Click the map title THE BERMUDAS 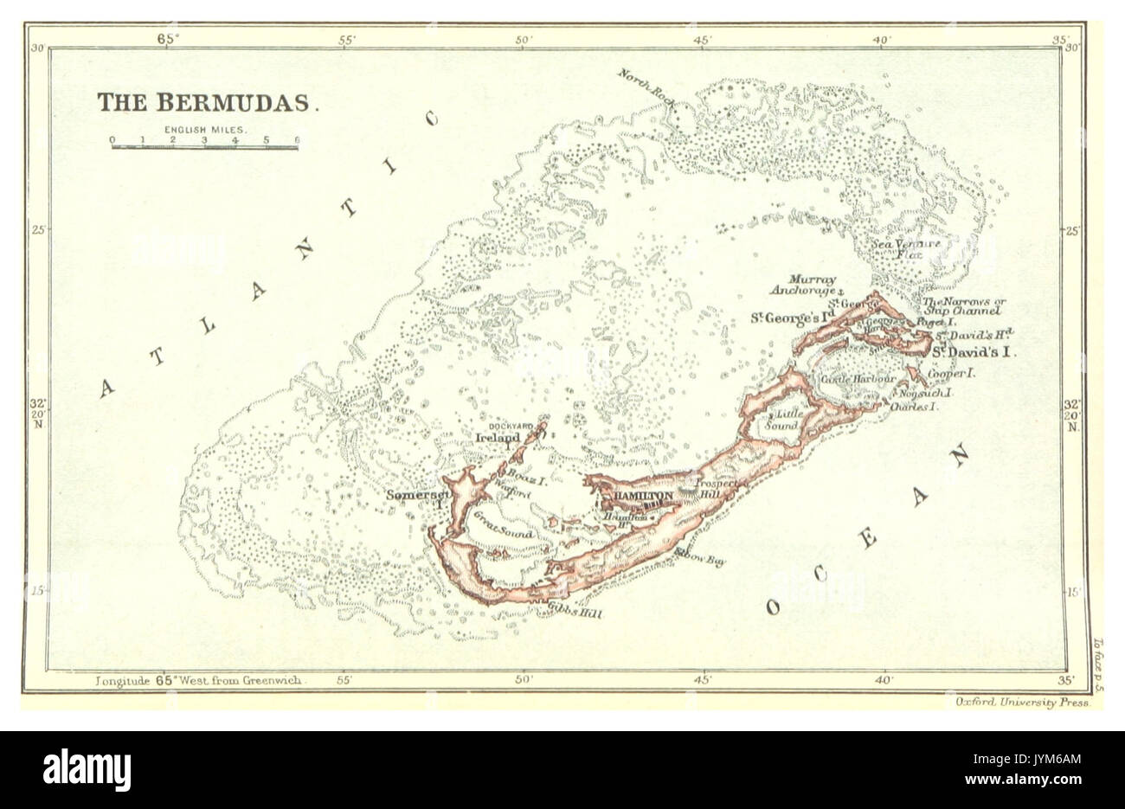[207, 102]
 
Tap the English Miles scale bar [204, 146]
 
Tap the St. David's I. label [974, 353]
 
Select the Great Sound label [503, 528]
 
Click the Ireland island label [497, 439]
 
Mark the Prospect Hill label [719, 488]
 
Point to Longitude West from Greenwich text [199, 680]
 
